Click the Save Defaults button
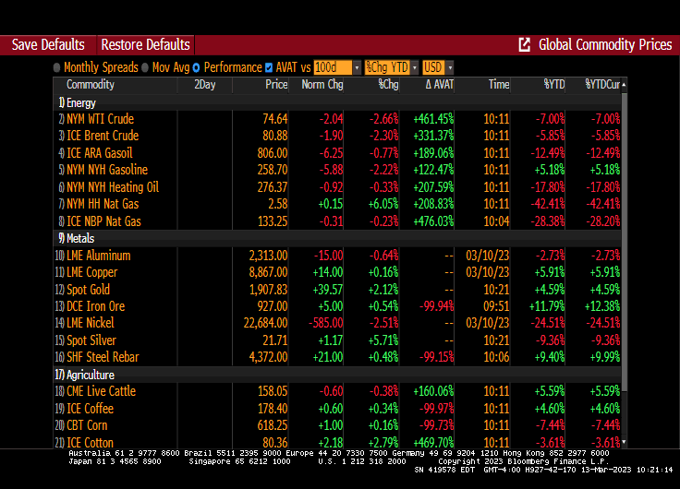(x=48, y=44)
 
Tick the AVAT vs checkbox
(x=269, y=67)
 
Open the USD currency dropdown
(x=433, y=67)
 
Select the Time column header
(x=498, y=85)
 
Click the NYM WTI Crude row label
(x=100, y=119)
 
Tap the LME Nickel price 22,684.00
(x=260, y=323)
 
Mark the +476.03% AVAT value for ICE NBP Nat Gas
(x=432, y=221)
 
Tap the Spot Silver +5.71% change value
(x=382, y=340)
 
